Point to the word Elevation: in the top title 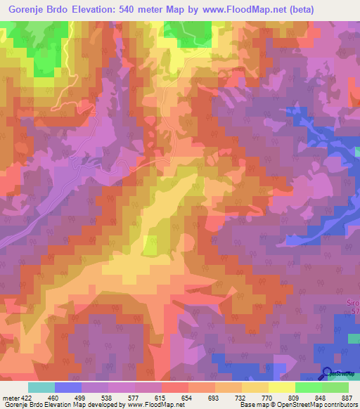[x=98, y=9]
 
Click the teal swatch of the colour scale [x=41, y=387]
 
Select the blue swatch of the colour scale [x=68, y=387]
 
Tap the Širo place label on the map [x=353, y=301]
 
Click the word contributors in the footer [x=337, y=405]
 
